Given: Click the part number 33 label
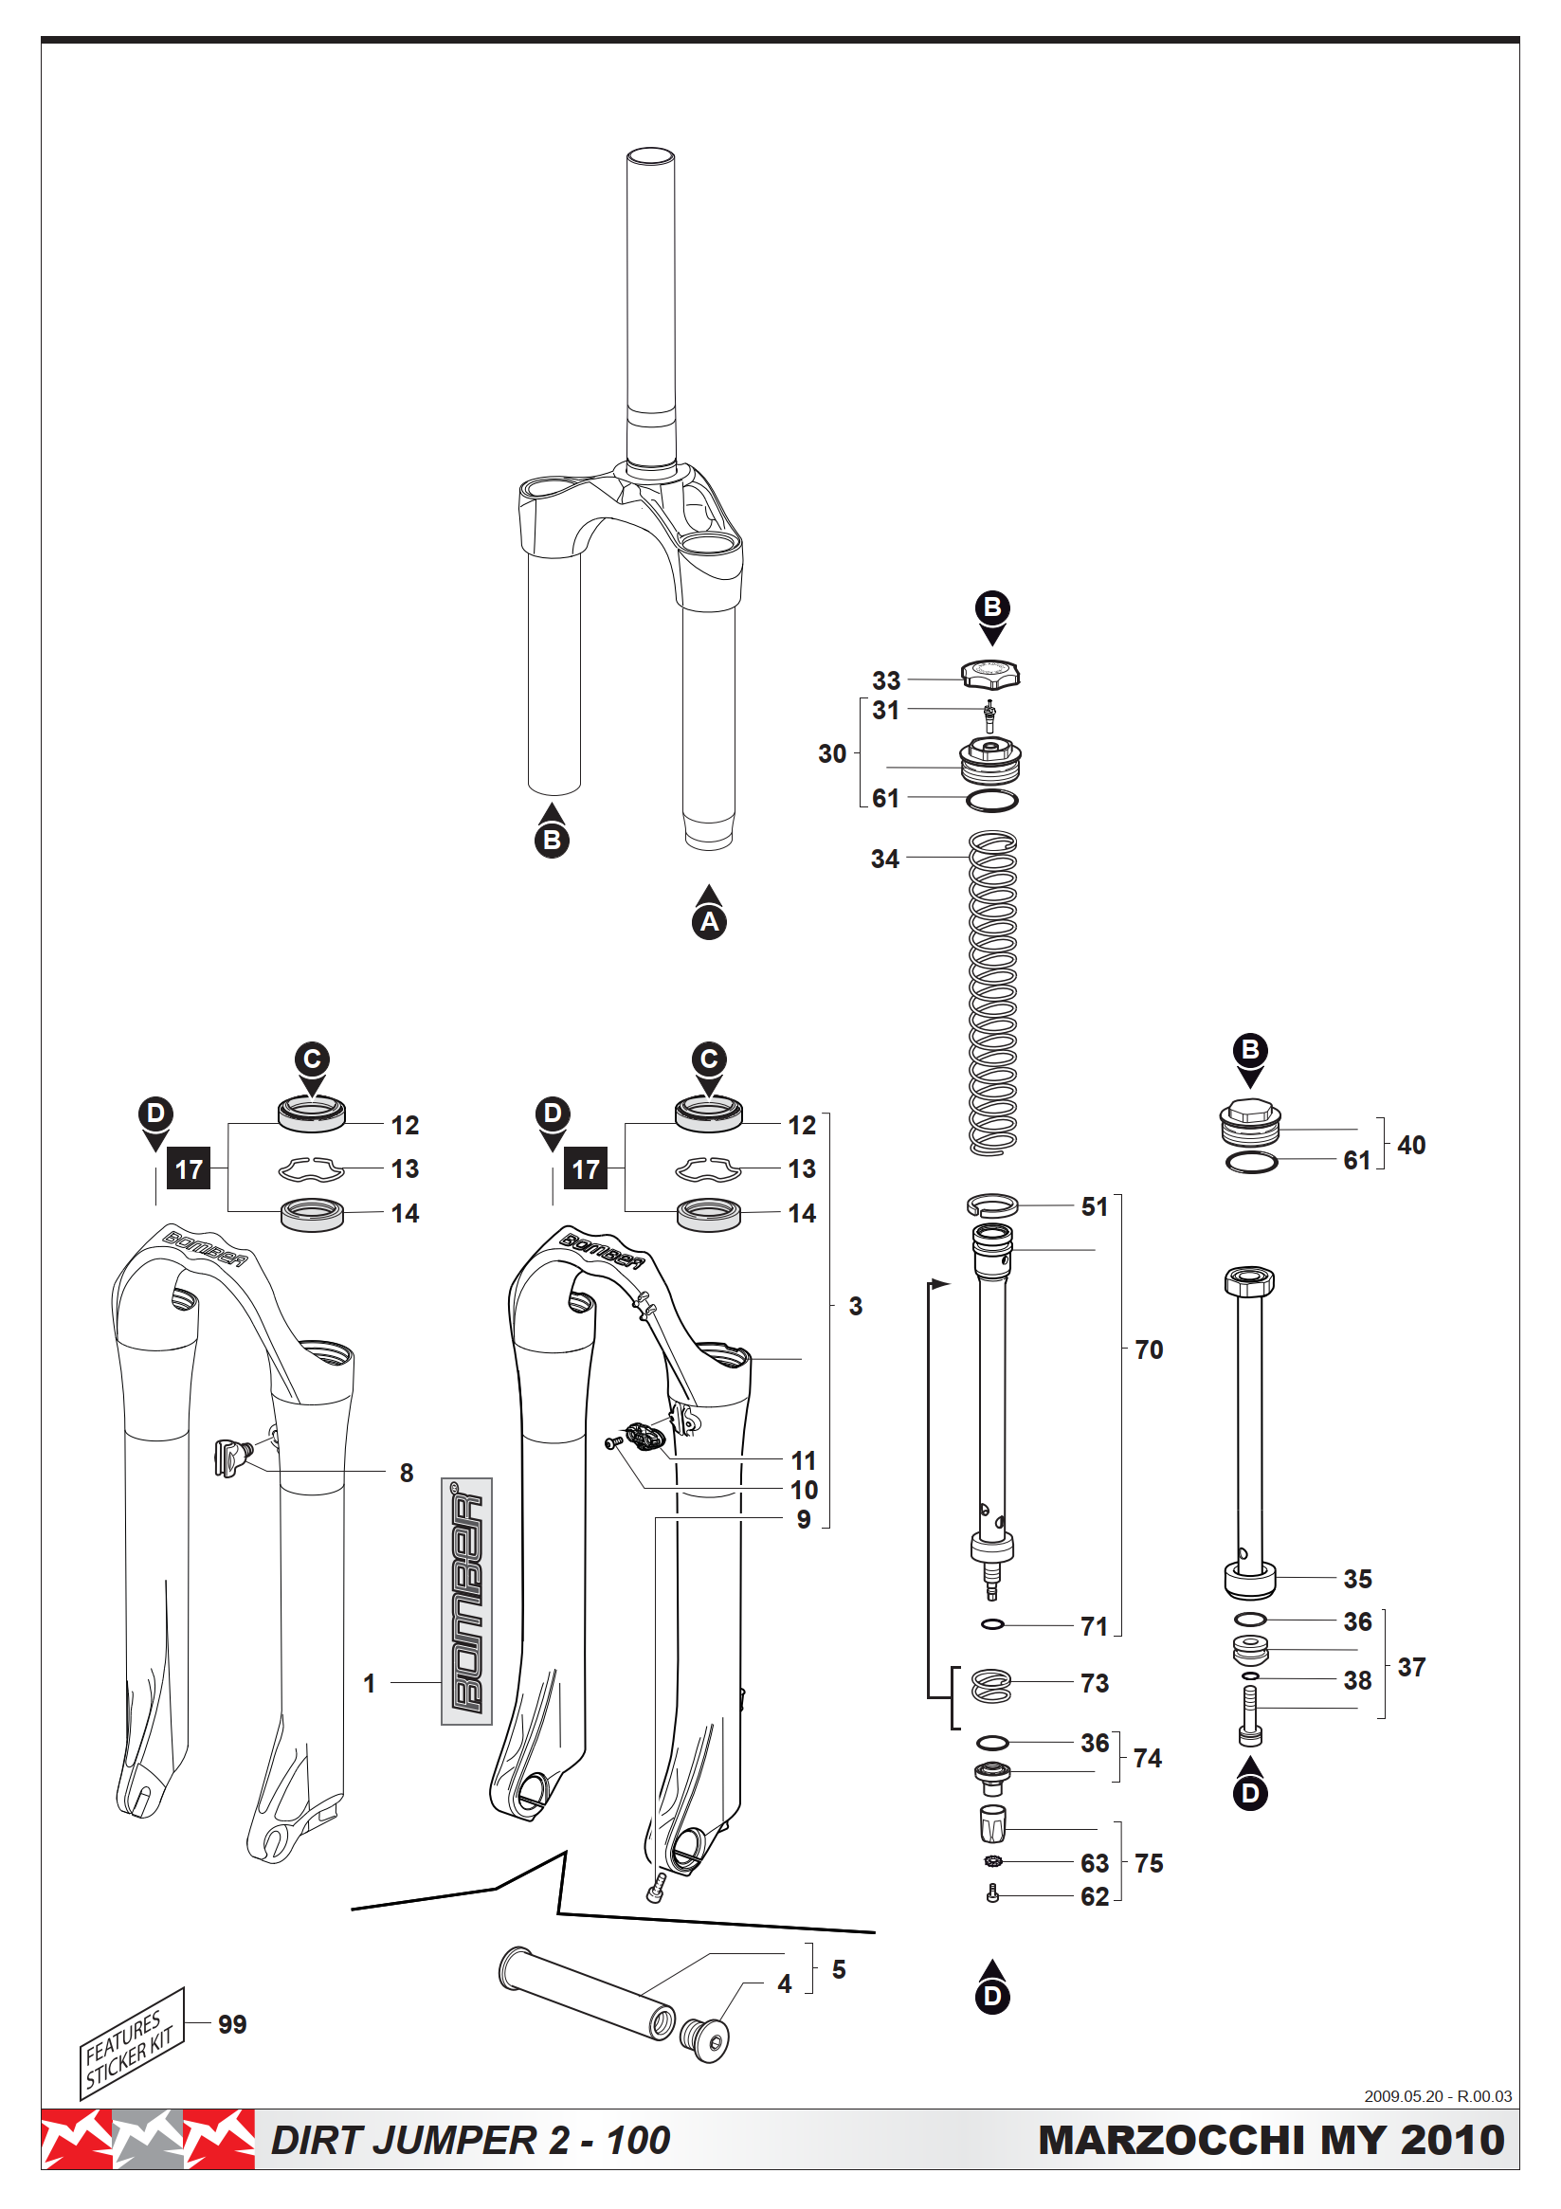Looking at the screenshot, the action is tap(885, 680).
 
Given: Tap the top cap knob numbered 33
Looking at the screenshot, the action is tap(990, 674).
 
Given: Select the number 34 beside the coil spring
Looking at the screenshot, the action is tap(884, 859).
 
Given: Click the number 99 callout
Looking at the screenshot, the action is tap(232, 2024).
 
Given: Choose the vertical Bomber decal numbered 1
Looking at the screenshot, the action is tap(466, 1601).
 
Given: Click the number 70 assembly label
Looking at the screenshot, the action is tap(1148, 1349).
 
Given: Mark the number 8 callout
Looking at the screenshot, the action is tap(407, 1473).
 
